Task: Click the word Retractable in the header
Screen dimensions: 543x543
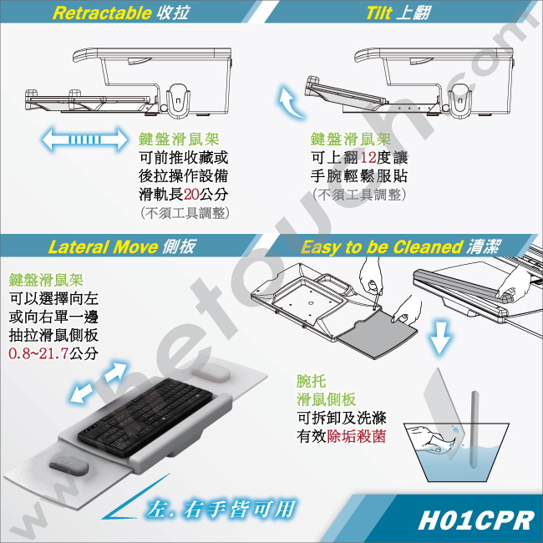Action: click(102, 13)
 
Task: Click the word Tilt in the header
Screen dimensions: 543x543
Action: click(378, 13)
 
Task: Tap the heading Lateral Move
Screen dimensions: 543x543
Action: click(103, 247)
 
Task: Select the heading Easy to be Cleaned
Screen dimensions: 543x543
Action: click(382, 247)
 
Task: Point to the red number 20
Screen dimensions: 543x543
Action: click(191, 195)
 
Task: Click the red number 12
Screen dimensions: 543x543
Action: click(368, 158)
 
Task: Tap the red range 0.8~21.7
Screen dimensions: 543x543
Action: click(38, 353)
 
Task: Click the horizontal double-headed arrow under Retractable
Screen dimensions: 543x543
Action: click(84, 140)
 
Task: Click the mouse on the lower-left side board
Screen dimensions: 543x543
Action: click(69, 466)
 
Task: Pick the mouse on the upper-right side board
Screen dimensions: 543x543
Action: click(211, 373)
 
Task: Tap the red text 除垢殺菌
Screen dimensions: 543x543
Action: click(357, 436)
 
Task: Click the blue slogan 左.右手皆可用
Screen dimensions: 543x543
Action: click(221, 509)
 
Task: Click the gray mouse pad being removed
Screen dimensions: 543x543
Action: click(377, 333)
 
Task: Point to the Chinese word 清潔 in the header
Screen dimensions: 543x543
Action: click(482, 247)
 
